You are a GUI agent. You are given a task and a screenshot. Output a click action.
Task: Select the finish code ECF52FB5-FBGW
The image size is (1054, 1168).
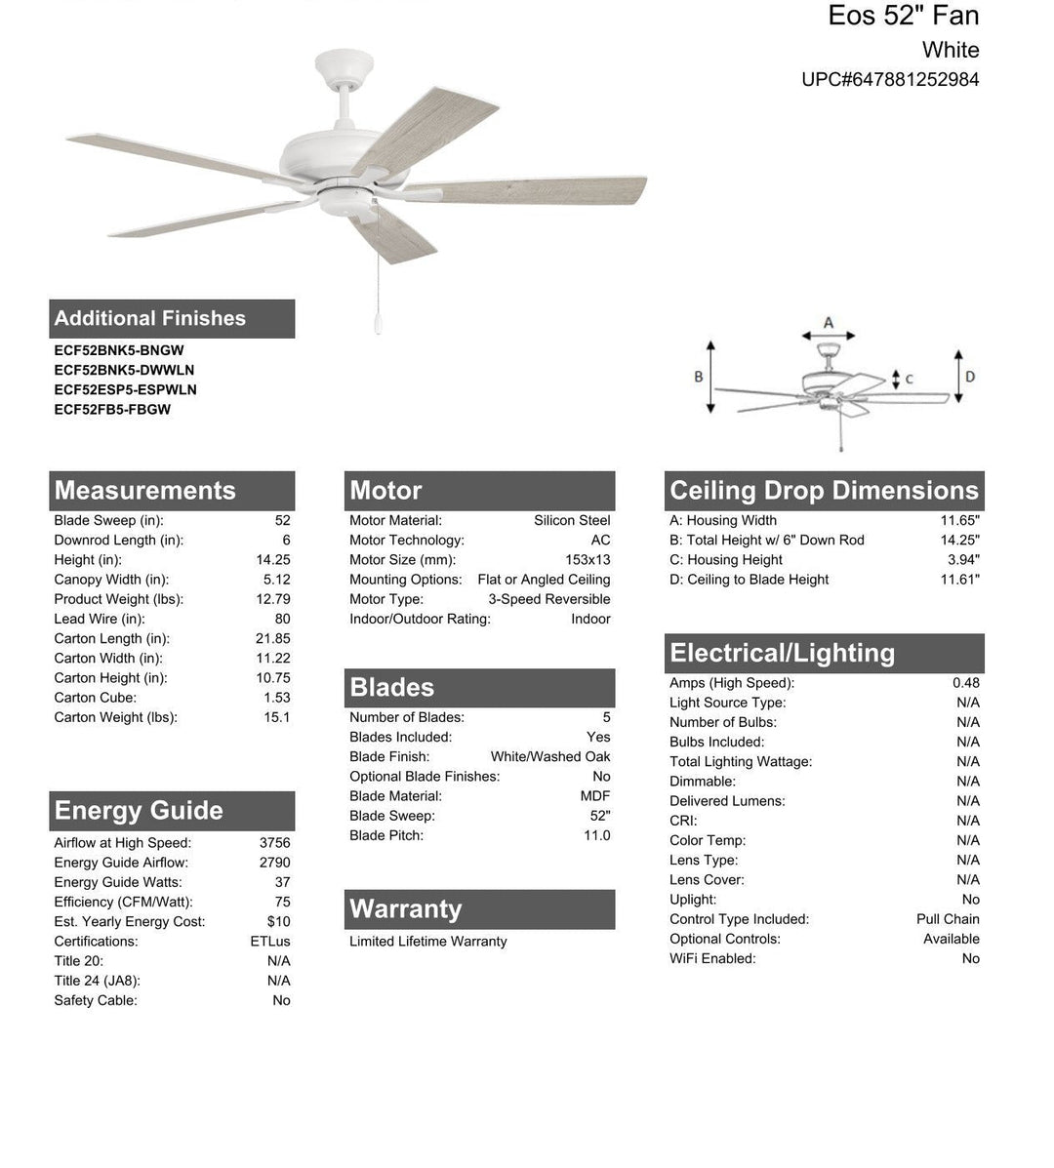[112, 410]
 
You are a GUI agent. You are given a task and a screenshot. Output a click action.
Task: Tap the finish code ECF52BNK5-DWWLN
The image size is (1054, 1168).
[124, 370]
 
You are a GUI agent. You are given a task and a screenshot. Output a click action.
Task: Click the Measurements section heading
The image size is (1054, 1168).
[145, 491]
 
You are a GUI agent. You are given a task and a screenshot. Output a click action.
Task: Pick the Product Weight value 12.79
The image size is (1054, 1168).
[273, 599]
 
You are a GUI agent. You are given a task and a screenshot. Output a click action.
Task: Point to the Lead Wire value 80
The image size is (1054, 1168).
[282, 619]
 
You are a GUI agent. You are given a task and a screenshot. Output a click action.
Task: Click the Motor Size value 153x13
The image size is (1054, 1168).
[588, 560]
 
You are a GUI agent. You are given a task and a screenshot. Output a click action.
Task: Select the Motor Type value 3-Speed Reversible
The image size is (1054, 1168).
[549, 599]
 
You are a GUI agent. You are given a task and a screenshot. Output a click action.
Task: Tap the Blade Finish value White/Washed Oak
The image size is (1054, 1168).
[550, 757]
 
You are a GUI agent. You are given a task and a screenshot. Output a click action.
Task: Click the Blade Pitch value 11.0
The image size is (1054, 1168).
[596, 835]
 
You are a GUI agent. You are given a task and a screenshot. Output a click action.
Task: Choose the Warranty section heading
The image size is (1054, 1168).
[406, 909]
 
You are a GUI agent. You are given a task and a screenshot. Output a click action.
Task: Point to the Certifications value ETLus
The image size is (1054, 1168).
[270, 942]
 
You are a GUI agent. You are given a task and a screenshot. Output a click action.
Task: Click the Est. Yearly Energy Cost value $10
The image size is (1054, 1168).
[279, 922]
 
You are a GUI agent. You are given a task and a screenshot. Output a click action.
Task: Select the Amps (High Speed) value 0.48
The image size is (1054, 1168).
[966, 683]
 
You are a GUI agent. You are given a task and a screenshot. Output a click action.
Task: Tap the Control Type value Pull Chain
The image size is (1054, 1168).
[948, 919]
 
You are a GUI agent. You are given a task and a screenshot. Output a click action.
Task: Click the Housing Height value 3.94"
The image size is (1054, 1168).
[963, 560]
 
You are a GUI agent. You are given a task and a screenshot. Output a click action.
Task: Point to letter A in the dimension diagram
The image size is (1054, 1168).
[829, 323]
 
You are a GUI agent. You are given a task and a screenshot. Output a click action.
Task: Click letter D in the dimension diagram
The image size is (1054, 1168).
[970, 377]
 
